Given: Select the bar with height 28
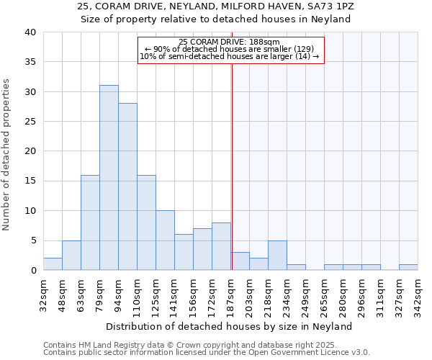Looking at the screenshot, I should (x=127, y=186).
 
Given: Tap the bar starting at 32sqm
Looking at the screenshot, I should (x=53, y=264).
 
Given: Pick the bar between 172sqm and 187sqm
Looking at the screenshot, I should (x=221, y=246).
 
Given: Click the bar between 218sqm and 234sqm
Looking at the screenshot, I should (x=277, y=256).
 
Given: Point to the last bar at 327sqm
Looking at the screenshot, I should (x=408, y=267).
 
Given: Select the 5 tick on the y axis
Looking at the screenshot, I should (x=32, y=240).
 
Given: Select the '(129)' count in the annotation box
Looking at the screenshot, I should (x=299, y=49).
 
